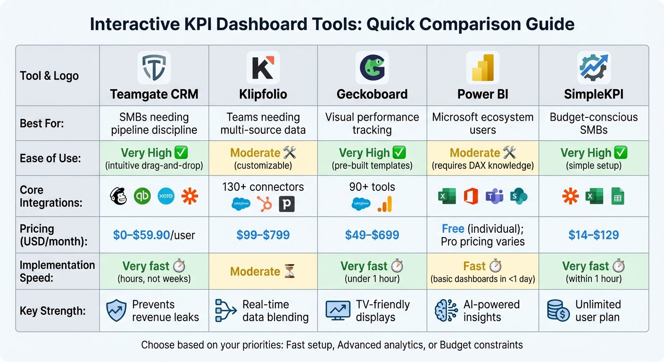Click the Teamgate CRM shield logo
[x=154, y=68]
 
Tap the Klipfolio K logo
[x=263, y=68]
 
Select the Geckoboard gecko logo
[x=372, y=68]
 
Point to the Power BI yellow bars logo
[x=482, y=68]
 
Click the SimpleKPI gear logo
[x=593, y=68]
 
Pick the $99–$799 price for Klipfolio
[x=263, y=235]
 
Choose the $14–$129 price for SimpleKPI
[x=593, y=235]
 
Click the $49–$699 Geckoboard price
[x=372, y=235]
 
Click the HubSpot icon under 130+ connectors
[x=264, y=204]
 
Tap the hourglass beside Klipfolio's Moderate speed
[x=289, y=271]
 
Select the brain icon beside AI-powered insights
[x=446, y=311]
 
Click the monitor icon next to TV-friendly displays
[x=338, y=311]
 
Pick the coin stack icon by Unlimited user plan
[x=558, y=311]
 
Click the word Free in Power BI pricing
[x=453, y=229]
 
